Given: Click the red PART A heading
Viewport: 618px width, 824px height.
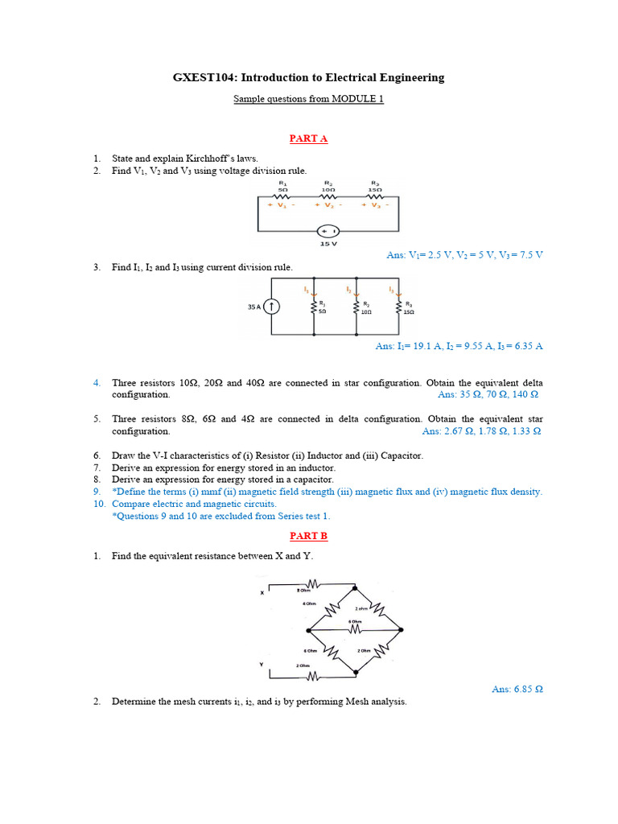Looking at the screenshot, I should click(x=308, y=138).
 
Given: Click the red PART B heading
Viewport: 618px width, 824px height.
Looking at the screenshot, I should click(x=308, y=535).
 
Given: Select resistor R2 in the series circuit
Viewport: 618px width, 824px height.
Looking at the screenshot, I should click(x=328, y=196).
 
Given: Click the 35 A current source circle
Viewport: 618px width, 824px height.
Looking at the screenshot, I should click(x=272, y=306).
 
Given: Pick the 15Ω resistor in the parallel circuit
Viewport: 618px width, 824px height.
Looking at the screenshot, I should click(x=398, y=306).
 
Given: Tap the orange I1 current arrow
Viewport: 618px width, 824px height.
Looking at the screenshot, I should click(x=314, y=292).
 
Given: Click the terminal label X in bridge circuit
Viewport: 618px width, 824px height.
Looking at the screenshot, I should click(x=262, y=593).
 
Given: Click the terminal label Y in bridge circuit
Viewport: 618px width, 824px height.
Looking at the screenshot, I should click(x=262, y=663).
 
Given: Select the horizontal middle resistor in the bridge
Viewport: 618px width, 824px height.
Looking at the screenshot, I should click(x=355, y=629).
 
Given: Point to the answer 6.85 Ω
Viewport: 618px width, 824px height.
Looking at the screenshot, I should click(x=517, y=690).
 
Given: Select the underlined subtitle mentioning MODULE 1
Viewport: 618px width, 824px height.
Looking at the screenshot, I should click(x=308, y=99).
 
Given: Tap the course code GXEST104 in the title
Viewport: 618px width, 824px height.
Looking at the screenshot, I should click(x=202, y=78).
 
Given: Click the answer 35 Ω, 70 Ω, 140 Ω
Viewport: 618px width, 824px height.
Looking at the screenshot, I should click(x=488, y=395).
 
